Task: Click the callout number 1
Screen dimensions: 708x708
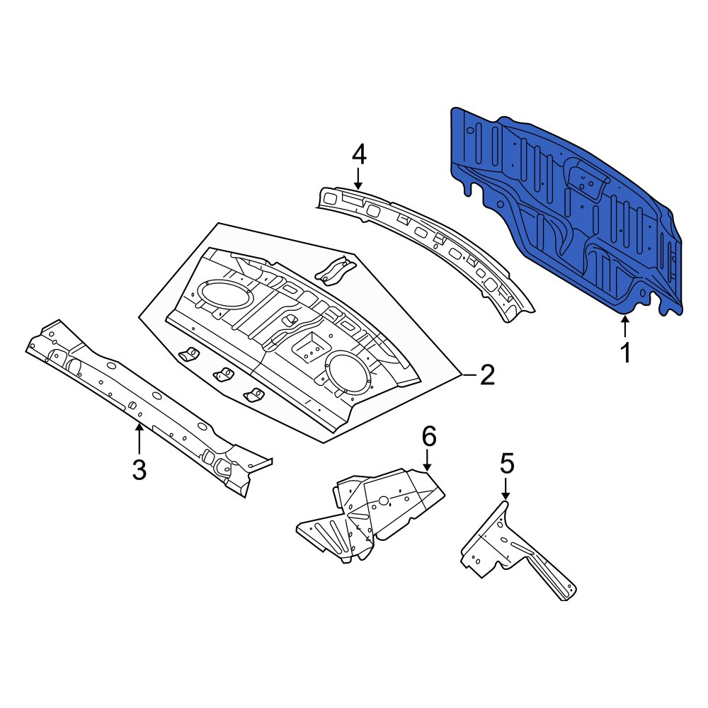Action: (x=626, y=353)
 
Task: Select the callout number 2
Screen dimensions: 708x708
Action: (x=488, y=375)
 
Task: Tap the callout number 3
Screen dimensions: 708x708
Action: (x=139, y=469)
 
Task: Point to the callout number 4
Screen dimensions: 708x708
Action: (x=358, y=155)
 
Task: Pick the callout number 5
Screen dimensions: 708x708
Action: (x=506, y=464)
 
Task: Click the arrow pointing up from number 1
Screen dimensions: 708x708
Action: (x=625, y=327)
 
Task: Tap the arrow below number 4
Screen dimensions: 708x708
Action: (x=358, y=178)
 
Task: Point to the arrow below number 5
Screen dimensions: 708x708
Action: (x=506, y=489)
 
